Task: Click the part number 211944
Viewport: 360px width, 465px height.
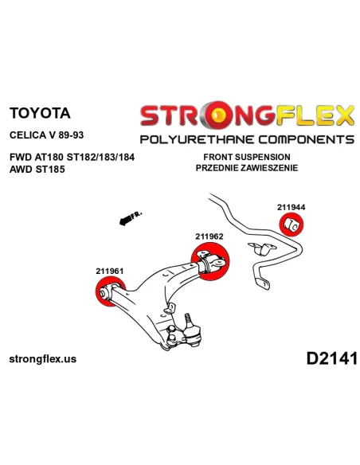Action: click(x=291, y=207)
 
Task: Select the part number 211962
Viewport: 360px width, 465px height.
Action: click(x=209, y=236)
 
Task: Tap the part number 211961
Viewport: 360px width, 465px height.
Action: click(x=109, y=271)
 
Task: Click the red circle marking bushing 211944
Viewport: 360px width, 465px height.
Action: click(x=292, y=225)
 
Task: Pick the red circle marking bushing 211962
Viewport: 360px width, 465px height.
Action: click(x=210, y=261)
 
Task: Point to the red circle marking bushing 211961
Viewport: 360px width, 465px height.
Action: click(x=111, y=291)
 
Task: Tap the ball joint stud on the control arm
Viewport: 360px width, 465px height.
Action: click(x=188, y=321)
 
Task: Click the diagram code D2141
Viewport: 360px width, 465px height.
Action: click(x=332, y=358)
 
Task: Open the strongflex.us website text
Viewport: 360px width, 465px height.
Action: click(x=43, y=359)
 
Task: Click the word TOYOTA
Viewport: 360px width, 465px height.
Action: click(x=40, y=113)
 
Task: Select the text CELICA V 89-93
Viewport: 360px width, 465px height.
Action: click(x=46, y=135)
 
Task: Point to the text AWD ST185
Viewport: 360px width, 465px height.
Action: click(x=37, y=170)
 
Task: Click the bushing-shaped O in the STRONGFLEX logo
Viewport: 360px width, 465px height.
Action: click(x=218, y=115)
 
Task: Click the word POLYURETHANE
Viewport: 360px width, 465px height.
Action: click(x=198, y=139)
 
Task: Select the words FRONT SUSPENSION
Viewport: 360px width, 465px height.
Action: click(x=247, y=157)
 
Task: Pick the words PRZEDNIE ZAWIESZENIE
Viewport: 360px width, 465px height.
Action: click(x=247, y=168)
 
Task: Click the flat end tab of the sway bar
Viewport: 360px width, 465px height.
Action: click(x=263, y=283)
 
